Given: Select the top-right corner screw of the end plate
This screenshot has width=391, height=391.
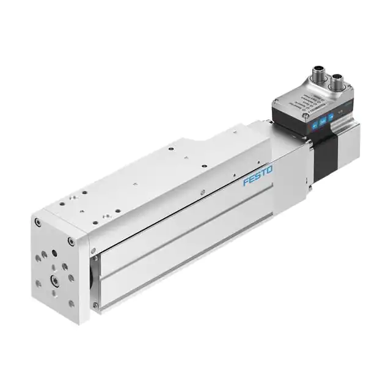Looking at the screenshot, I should tap(72, 242).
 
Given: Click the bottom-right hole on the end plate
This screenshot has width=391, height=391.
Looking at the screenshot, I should tap(71, 304).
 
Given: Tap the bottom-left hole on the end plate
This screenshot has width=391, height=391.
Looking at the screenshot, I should tap(40, 283).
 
